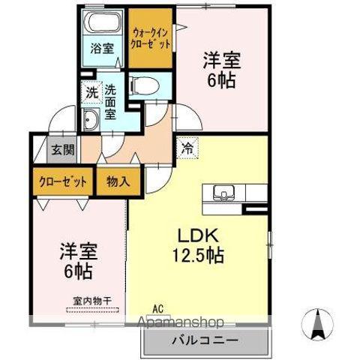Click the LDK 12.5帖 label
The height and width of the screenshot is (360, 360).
(x=197, y=245)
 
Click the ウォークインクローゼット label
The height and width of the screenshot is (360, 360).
(x=151, y=39)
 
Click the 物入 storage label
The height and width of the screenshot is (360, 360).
(x=118, y=181)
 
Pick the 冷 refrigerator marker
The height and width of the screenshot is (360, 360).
(x=187, y=148)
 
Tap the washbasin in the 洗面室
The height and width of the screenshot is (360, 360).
(x=92, y=119)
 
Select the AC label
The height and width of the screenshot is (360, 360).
(x=157, y=307)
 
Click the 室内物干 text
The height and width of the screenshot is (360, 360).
(x=91, y=301)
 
